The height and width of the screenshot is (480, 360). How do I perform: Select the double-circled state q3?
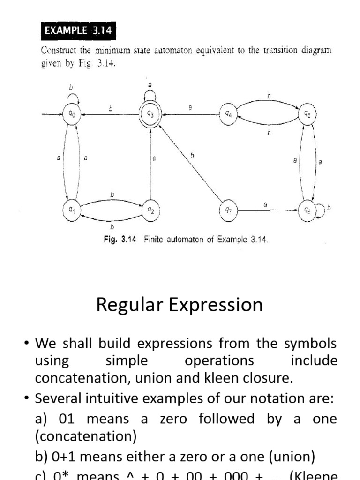pyautogui.click(x=150, y=114)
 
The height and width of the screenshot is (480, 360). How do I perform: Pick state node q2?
pyautogui.click(x=150, y=210)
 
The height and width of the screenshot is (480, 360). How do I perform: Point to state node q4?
pyautogui.click(x=228, y=114)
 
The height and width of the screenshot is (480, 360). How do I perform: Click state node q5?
pyautogui.click(x=307, y=114)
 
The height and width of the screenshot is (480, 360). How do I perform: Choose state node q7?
pyautogui.click(x=228, y=210)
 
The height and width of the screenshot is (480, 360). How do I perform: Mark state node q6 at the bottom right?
pyautogui.click(x=307, y=210)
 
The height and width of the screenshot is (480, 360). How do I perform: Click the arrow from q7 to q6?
pyautogui.click(x=267, y=210)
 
